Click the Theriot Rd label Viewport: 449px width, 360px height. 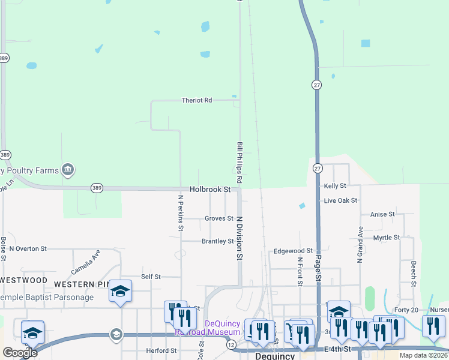(x=197, y=100)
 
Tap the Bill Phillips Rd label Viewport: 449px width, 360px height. (x=239, y=163)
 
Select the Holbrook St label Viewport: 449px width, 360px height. (x=210, y=189)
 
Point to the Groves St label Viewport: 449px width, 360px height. (x=218, y=218)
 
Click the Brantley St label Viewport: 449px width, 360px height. (x=217, y=241)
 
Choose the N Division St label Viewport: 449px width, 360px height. (x=239, y=238)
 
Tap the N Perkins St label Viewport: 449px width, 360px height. (x=180, y=212)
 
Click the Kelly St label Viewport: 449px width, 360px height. (x=335, y=187)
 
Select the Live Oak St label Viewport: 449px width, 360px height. (x=340, y=200)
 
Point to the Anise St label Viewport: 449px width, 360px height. (x=382, y=214)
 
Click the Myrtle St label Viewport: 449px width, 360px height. (x=387, y=238)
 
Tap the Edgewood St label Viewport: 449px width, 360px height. (x=294, y=251)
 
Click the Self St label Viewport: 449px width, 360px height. (x=151, y=277)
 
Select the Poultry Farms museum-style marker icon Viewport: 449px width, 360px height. (x=68, y=170)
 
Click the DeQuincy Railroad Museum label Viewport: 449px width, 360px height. (x=206, y=327)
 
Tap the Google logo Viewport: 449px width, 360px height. (x=20, y=353)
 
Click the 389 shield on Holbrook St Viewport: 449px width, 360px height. (x=97, y=188)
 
